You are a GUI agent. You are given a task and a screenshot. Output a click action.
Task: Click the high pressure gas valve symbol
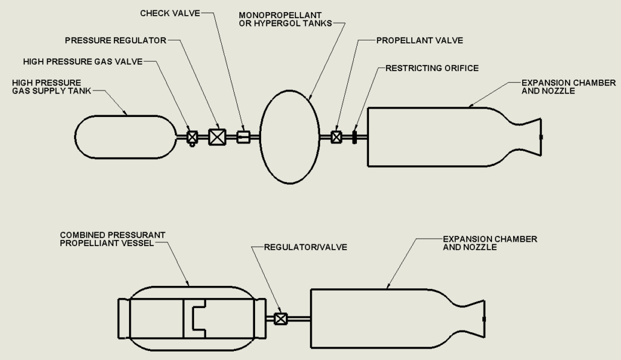click(192, 137)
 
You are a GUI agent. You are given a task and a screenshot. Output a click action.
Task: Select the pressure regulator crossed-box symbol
click(216, 137)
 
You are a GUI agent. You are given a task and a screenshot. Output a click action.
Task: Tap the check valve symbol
click(243, 137)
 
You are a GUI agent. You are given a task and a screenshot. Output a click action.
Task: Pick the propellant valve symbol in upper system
click(337, 137)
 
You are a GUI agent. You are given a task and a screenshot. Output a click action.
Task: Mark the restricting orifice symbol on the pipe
click(355, 137)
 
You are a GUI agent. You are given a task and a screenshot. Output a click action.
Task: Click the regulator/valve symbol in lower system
click(280, 319)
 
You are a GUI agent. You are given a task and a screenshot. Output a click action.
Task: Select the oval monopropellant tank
click(289, 137)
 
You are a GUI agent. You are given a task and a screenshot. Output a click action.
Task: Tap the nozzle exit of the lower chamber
click(484, 318)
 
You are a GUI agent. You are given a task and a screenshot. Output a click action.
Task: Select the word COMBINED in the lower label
click(81, 234)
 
